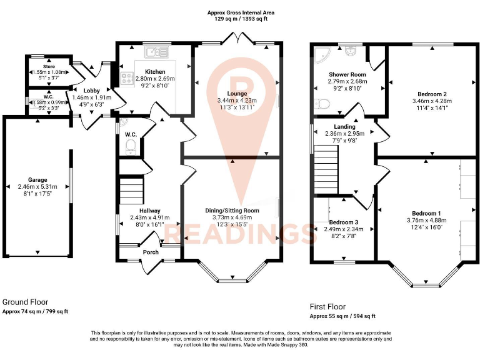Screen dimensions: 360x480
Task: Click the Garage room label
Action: click(x=37, y=180)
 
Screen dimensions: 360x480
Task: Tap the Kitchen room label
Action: click(x=155, y=72)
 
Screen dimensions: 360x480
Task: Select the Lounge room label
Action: click(x=236, y=94)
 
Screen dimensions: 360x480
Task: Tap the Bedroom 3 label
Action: click(x=344, y=222)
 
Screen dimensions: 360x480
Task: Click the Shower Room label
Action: click(x=348, y=75)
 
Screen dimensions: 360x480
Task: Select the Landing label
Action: click(x=344, y=127)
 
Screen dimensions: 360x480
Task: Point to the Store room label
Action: click(x=49, y=66)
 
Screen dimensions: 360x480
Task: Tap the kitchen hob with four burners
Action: click(x=126, y=79)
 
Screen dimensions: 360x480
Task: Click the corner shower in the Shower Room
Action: click(x=323, y=54)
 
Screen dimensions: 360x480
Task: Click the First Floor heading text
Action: click(x=327, y=307)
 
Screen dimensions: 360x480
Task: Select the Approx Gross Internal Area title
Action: click(x=240, y=12)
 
